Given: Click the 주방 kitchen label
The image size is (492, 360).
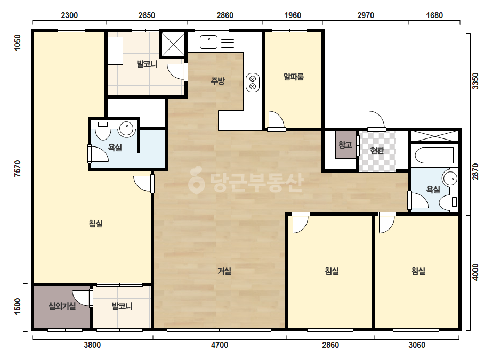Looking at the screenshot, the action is tap(217, 81).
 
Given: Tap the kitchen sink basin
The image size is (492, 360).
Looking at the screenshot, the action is tap(208, 42).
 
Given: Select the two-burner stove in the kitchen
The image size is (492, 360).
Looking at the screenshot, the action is tap(253, 83).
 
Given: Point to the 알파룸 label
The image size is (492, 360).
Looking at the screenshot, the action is tap(294, 77).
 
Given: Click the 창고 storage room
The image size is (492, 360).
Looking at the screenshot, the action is tap(345, 144).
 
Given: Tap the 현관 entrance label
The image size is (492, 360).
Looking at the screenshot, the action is tap(377, 151).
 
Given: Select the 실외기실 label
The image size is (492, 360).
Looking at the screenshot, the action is tap(62, 306).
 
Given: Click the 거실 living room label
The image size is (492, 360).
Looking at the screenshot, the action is tap(224, 271).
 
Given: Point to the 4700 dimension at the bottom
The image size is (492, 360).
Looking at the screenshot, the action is tap(220, 345).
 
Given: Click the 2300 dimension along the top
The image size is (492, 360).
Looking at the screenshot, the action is tap(69, 15).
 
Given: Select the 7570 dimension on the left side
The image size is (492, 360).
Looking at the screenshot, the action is tap(18, 168).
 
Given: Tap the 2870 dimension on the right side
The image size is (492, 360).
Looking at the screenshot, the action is tap(475, 172).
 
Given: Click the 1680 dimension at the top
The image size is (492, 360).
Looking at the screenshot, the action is tap(434, 15).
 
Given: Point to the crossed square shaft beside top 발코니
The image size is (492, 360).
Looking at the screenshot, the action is tap(173, 44).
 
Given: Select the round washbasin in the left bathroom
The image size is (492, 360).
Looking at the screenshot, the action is tap(126, 129).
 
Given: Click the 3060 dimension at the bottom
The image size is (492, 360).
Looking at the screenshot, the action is tap(417, 345).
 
